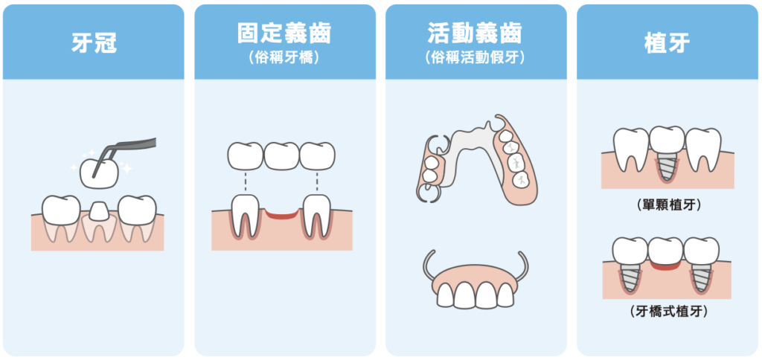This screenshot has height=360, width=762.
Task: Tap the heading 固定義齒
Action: pos(285,33)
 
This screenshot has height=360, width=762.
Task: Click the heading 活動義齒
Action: pos(476,33)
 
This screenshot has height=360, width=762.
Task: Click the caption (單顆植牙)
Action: pos(667,205)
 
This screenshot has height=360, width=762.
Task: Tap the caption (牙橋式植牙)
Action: pos(667,312)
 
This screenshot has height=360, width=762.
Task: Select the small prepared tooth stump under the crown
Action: pos(100,210)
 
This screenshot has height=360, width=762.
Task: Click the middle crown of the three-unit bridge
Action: pos(282,156)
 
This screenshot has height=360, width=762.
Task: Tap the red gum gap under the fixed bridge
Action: pos(282,214)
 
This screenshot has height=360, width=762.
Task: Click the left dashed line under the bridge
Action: pos(246,182)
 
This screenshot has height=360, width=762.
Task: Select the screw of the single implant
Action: pos(667,165)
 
